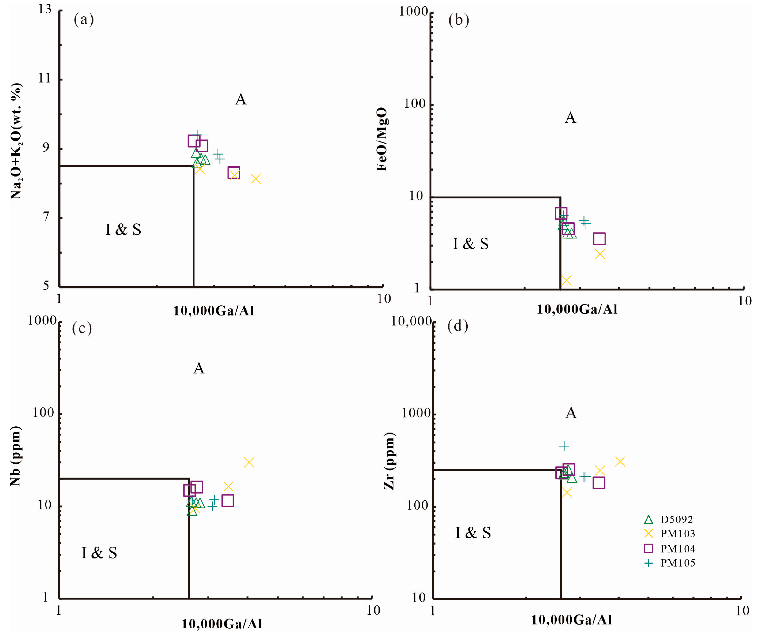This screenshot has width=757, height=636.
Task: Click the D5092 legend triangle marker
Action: (648, 520)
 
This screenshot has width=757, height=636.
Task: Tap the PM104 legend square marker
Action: (648, 548)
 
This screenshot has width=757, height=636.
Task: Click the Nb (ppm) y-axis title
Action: (15, 456)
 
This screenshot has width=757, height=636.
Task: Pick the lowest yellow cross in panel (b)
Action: (566, 280)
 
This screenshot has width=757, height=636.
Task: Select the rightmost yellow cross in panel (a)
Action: (255, 179)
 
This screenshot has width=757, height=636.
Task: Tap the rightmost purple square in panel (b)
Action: (599, 239)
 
